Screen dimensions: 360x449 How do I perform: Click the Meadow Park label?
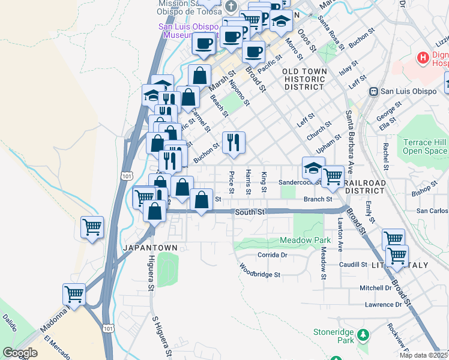[x=304, y=241]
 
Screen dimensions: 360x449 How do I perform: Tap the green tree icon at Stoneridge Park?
[x=362, y=334]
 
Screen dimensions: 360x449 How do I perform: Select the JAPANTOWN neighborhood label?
[x=150, y=248]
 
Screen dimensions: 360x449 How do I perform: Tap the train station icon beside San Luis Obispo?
[x=373, y=91]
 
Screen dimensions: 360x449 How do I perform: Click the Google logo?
[x=20, y=353]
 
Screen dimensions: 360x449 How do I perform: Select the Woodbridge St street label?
[x=261, y=271]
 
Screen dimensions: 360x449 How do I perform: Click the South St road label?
[x=249, y=212]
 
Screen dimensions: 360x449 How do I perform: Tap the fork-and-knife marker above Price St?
[x=234, y=142]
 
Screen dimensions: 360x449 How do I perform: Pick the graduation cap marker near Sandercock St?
[x=313, y=169]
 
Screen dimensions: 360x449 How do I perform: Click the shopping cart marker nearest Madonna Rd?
[x=74, y=295]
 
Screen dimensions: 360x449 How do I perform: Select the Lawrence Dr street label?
[x=383, y=305]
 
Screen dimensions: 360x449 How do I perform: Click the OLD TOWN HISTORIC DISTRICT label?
[x=305, y=79]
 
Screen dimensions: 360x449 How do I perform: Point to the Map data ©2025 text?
[x=423, y=355]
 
